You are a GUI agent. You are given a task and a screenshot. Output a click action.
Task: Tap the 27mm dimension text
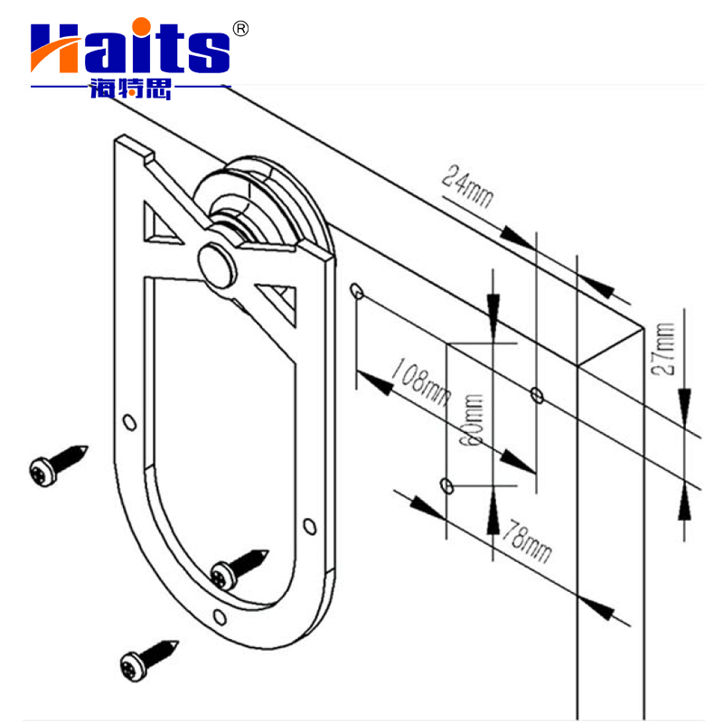coord(666,349)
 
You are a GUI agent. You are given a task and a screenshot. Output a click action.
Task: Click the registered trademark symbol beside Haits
coord(240,28)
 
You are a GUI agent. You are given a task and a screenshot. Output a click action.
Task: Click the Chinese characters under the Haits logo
coord(130,88)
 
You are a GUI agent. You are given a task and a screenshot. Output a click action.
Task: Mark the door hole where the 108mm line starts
coord(356,291)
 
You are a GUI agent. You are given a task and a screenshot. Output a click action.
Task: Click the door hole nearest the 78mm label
coord(446,486)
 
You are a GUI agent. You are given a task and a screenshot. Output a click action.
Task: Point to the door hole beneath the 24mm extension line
coord(537,393)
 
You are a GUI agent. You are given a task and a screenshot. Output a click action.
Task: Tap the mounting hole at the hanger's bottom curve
coord(219,616)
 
